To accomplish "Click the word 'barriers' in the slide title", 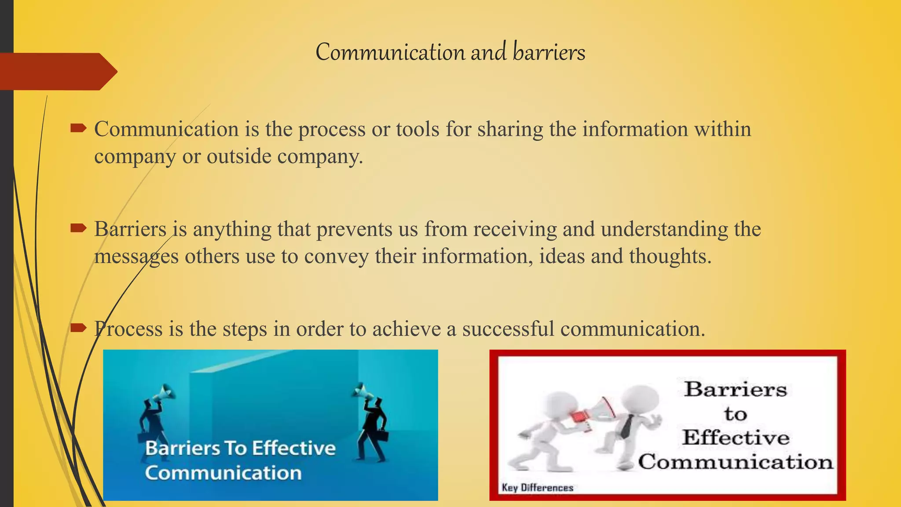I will point(549,52).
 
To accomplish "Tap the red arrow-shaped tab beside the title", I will point(57,71).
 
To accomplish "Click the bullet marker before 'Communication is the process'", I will point(78,129).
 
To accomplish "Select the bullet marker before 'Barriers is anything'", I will point(78,228).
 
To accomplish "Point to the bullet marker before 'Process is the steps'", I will point(78,327).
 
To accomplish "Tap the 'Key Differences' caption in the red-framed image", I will point(537,488).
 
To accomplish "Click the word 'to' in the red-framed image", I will point(735,414).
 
